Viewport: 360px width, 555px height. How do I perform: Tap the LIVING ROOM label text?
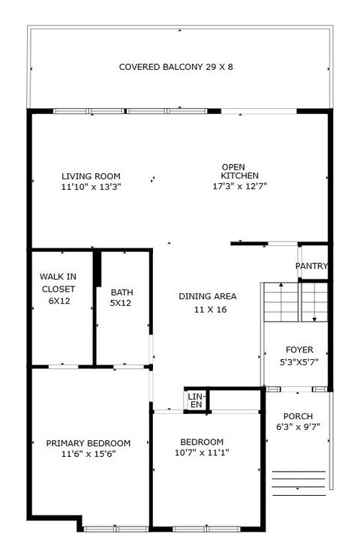pos(91,176)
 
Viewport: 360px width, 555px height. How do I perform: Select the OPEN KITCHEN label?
pos(235,171)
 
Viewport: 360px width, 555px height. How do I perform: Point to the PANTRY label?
pos(311,266)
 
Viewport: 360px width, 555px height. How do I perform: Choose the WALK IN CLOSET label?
pos(58,289)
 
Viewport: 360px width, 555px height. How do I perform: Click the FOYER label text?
pos(299,350)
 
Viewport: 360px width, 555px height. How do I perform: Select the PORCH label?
pos(298,416)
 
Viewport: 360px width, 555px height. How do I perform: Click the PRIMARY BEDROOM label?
pos(82,442)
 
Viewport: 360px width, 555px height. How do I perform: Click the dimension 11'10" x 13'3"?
pos(91,187)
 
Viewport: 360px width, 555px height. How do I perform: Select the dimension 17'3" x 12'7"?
pos(238,185)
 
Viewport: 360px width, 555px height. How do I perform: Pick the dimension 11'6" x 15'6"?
pos(82,453)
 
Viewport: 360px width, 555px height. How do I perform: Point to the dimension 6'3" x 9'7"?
pos(298,427)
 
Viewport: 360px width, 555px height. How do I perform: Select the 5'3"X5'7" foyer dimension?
pos(299,361)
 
